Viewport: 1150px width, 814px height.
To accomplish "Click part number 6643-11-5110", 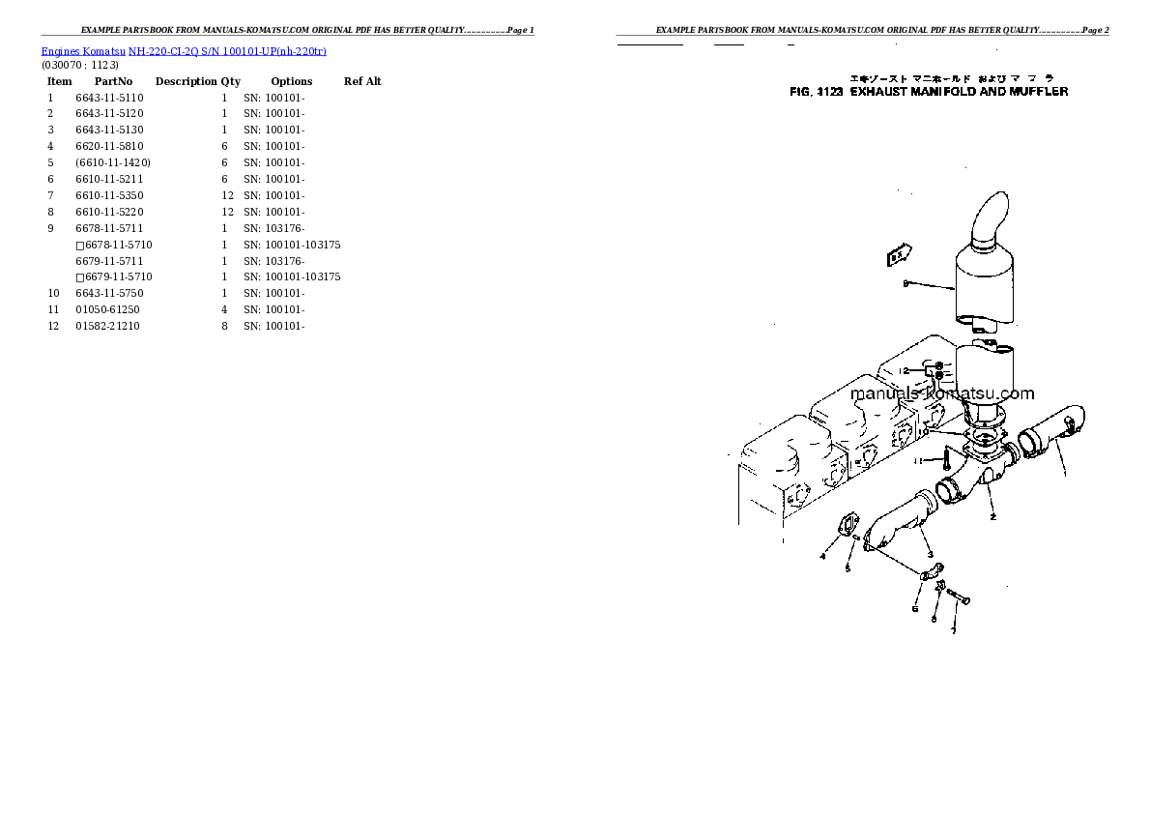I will (109, 98).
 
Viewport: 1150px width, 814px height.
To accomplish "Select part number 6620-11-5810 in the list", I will (109, 146).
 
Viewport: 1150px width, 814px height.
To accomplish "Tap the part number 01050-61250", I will (107, 309).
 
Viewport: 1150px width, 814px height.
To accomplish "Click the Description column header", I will (186, 81).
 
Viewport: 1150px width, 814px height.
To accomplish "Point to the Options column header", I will (291, 81).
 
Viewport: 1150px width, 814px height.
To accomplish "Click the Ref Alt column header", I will (362, 81).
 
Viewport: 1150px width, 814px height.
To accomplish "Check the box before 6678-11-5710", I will (80, 246).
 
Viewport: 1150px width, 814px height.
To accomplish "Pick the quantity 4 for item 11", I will (224, 309).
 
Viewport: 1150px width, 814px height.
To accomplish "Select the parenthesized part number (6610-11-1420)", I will (112, 162).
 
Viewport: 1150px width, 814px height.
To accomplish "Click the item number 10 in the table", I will (54, 293).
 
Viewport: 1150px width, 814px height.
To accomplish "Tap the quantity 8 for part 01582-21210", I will (224, 326).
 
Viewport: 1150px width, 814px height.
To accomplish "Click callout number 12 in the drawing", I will (904, 370).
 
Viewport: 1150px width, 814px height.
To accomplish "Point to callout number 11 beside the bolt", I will (922, 460).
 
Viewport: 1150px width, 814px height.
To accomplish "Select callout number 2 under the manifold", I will (992, 517).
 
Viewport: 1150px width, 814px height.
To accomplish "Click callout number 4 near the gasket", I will (822, 556).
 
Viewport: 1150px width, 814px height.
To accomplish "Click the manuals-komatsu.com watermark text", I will (942, 393).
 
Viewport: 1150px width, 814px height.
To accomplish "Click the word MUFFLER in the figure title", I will (1038, 92).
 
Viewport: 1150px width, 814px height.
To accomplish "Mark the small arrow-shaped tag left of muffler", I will (899, 256).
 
